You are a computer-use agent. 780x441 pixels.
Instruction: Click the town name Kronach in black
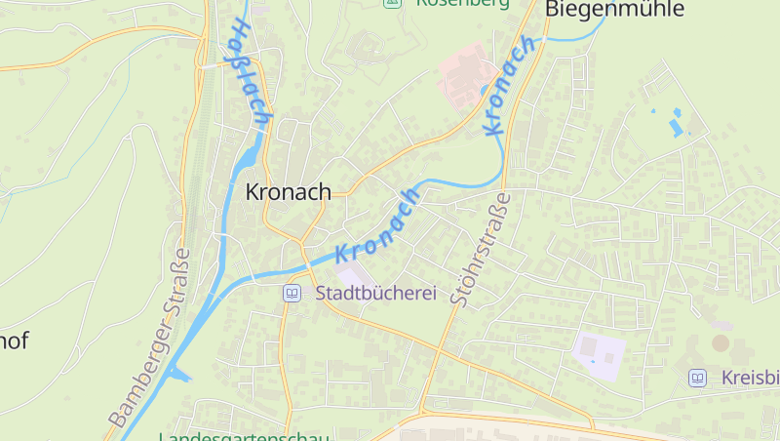point(288,192)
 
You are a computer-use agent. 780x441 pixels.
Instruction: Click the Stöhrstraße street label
point(479,249)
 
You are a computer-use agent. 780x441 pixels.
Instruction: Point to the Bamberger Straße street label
point(149,338)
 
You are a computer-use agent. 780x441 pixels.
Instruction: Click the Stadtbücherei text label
point(375,293)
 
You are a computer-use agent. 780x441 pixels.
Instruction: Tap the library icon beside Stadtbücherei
point(292,293)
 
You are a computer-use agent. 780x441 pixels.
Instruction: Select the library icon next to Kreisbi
point(697,378)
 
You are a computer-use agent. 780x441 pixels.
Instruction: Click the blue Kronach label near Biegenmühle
point(508,85)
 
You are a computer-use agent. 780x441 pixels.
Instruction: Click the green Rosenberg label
point(462,3)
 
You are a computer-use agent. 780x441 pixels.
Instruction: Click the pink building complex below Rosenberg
point(465,73)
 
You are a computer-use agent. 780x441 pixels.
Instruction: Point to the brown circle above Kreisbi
point(721,342)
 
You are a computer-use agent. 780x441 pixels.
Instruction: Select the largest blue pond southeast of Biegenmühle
point(676,125)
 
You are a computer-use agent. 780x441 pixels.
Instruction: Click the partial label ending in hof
point(14,341)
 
